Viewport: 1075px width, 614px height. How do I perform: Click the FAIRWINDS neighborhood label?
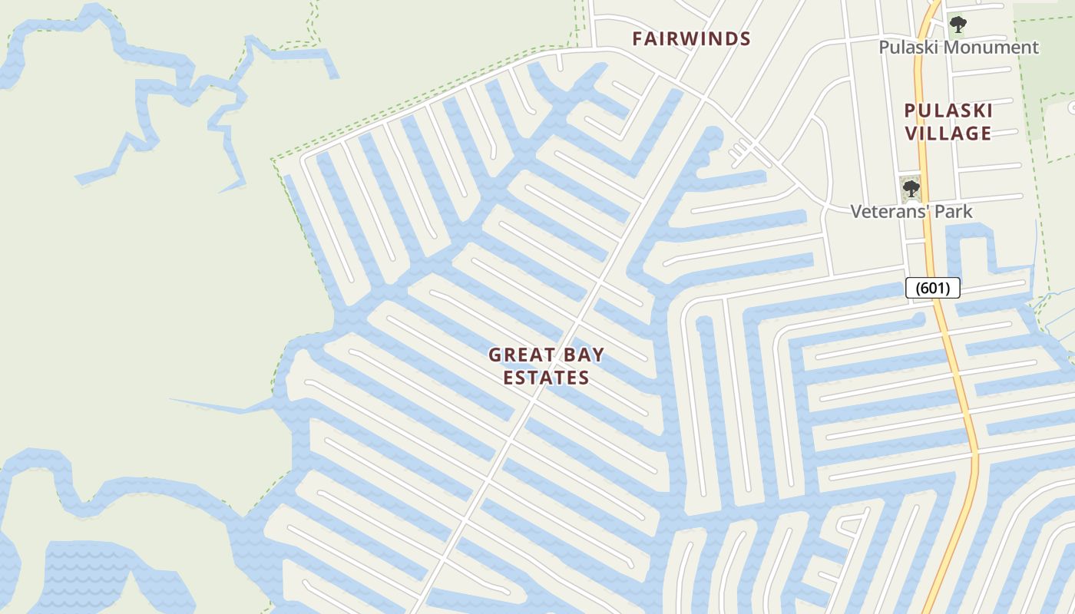(x=691, y=39)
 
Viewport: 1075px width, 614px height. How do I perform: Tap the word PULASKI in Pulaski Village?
(x=948, y=111)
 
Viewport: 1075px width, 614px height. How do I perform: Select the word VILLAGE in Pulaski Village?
(x=948, y=134)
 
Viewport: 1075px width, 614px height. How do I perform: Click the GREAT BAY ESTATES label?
(x=547, y=366)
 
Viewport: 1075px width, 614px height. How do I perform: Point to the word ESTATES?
(x=547, y=378)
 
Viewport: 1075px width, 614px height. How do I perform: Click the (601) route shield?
(x=933, y=289)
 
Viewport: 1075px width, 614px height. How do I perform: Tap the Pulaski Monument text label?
(x=958, y=48)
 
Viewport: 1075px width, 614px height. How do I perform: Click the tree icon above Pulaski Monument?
(x=958, y=25)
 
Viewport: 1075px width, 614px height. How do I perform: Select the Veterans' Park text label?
(x=911, y=211)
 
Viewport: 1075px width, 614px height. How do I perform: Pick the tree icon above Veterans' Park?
(x=911, y=188)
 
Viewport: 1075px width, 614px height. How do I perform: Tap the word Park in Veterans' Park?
(x=952, y=211)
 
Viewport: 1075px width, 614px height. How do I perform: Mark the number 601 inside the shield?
(x=933, y=289)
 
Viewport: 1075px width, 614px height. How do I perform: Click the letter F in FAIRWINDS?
(x=637, y=39)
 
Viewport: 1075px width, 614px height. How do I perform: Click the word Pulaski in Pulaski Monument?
(x=909, y=48)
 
